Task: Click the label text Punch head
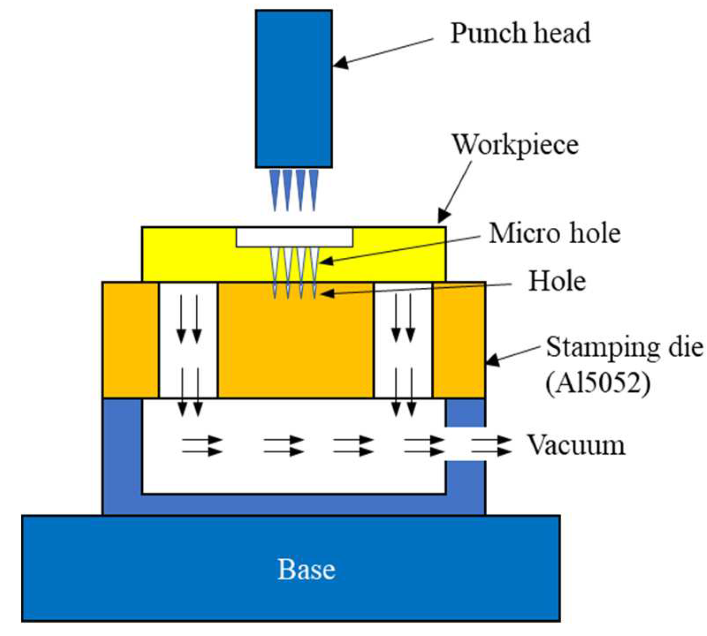click(520, 33)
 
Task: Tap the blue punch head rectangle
click(293, 88)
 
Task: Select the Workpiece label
click(515, 144)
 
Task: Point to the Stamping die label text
click(624, 347)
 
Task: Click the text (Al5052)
click(598, 383)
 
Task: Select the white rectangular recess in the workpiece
click(294, 237)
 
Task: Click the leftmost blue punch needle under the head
click(275, 188)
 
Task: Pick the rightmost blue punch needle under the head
click(314, 188)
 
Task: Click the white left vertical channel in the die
click(188, 340)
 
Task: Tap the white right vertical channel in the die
click(403, 340)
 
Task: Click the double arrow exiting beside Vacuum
click(490, 446)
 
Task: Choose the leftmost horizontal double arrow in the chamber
click(202, 446)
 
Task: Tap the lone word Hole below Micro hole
click(557, 281)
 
